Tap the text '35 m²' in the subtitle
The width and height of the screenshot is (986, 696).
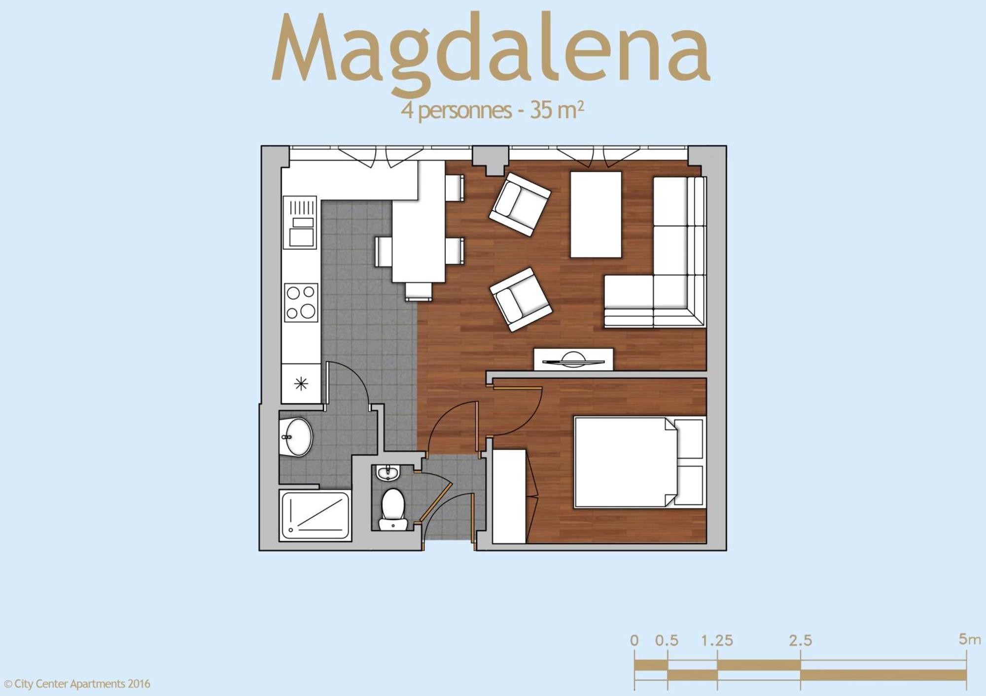pos(557,110)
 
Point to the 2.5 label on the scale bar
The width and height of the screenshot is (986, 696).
pos(800,640)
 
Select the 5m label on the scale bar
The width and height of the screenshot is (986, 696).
pos(969,639)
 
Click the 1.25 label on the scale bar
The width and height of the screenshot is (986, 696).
pos(717,640)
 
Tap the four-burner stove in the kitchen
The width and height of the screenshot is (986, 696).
pos(301,302)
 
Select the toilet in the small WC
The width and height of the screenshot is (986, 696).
pos(393,507)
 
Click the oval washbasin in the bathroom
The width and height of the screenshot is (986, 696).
pos(297,437)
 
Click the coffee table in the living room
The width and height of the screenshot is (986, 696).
pos(596,214)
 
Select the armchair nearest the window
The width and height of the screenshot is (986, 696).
pos(520,203)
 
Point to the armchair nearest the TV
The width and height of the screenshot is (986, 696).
pos(521,299)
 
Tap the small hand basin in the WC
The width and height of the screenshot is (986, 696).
pos(388,473)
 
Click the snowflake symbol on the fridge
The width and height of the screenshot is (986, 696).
pos(301,383)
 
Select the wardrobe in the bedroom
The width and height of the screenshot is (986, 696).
pos(509,496)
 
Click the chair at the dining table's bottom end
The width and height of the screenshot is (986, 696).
pos(418,292)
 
